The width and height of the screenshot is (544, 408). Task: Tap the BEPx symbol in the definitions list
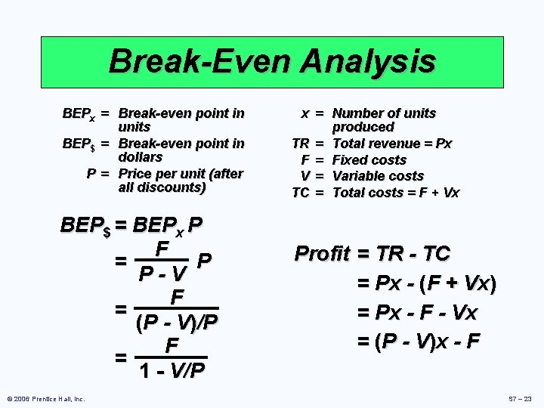[x=79, y=113]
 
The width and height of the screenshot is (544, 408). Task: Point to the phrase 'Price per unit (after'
[x=181, y=174]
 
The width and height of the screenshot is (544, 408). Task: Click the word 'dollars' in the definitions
[x=141, y=157]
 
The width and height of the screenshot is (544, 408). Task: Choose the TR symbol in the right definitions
[x=301, y=144]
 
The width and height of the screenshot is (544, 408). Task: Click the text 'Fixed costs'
[x=369, y=160]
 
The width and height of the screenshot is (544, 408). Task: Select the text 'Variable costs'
[x=379, y=176]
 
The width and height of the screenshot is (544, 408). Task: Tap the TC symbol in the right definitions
[x=301, y=193]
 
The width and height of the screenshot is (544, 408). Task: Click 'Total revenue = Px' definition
[x=392, y=144]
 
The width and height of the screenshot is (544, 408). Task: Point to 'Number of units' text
[x=385, y=113]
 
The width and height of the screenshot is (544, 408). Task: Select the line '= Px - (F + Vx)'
[x=427, y=284]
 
